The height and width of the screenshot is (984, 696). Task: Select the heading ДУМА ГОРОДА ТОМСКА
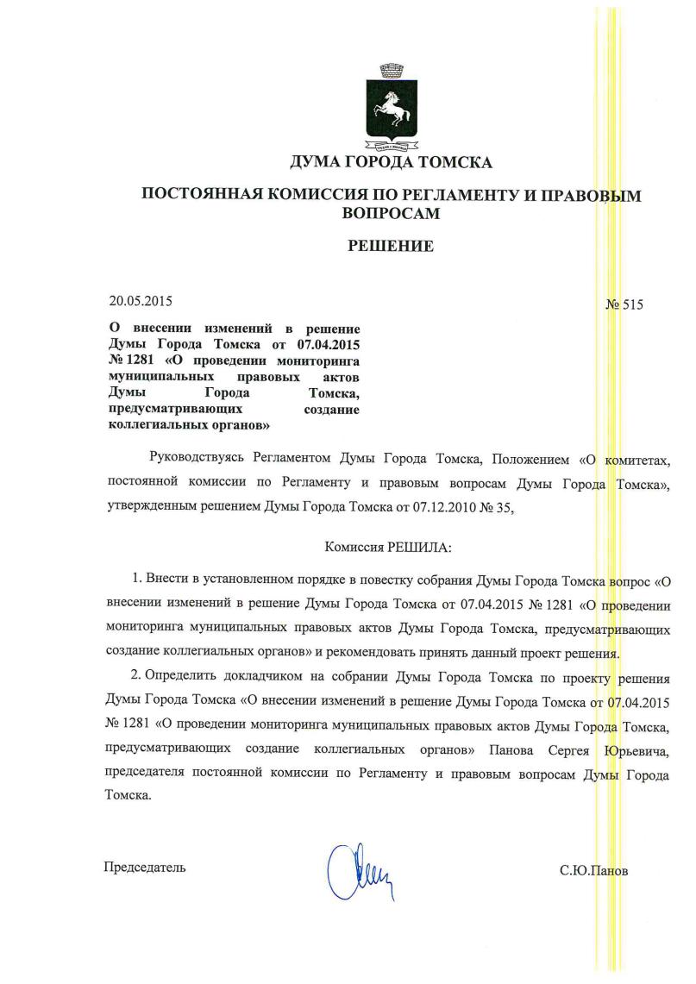click(392, 163)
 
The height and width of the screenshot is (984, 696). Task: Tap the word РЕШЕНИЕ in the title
click(391, 247)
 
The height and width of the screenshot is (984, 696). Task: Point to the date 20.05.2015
click(141, 302)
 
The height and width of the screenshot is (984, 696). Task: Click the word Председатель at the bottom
click(145, 867)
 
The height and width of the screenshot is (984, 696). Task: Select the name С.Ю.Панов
click(594, 870)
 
